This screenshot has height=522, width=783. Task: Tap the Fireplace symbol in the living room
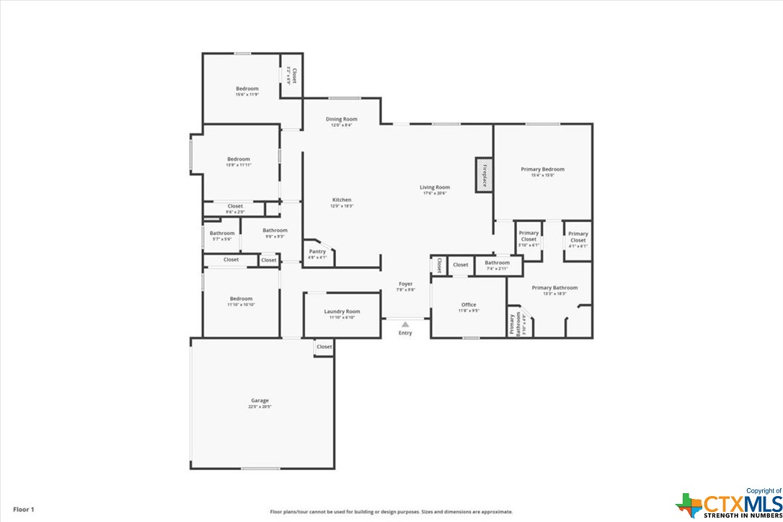[484, 175]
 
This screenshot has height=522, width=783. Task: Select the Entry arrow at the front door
[405, 325]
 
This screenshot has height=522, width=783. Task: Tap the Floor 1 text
[23, 510]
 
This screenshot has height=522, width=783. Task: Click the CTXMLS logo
[729, 505]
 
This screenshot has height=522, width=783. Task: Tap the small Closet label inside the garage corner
[324, 347]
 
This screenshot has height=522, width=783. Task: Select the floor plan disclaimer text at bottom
[391, 511]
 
